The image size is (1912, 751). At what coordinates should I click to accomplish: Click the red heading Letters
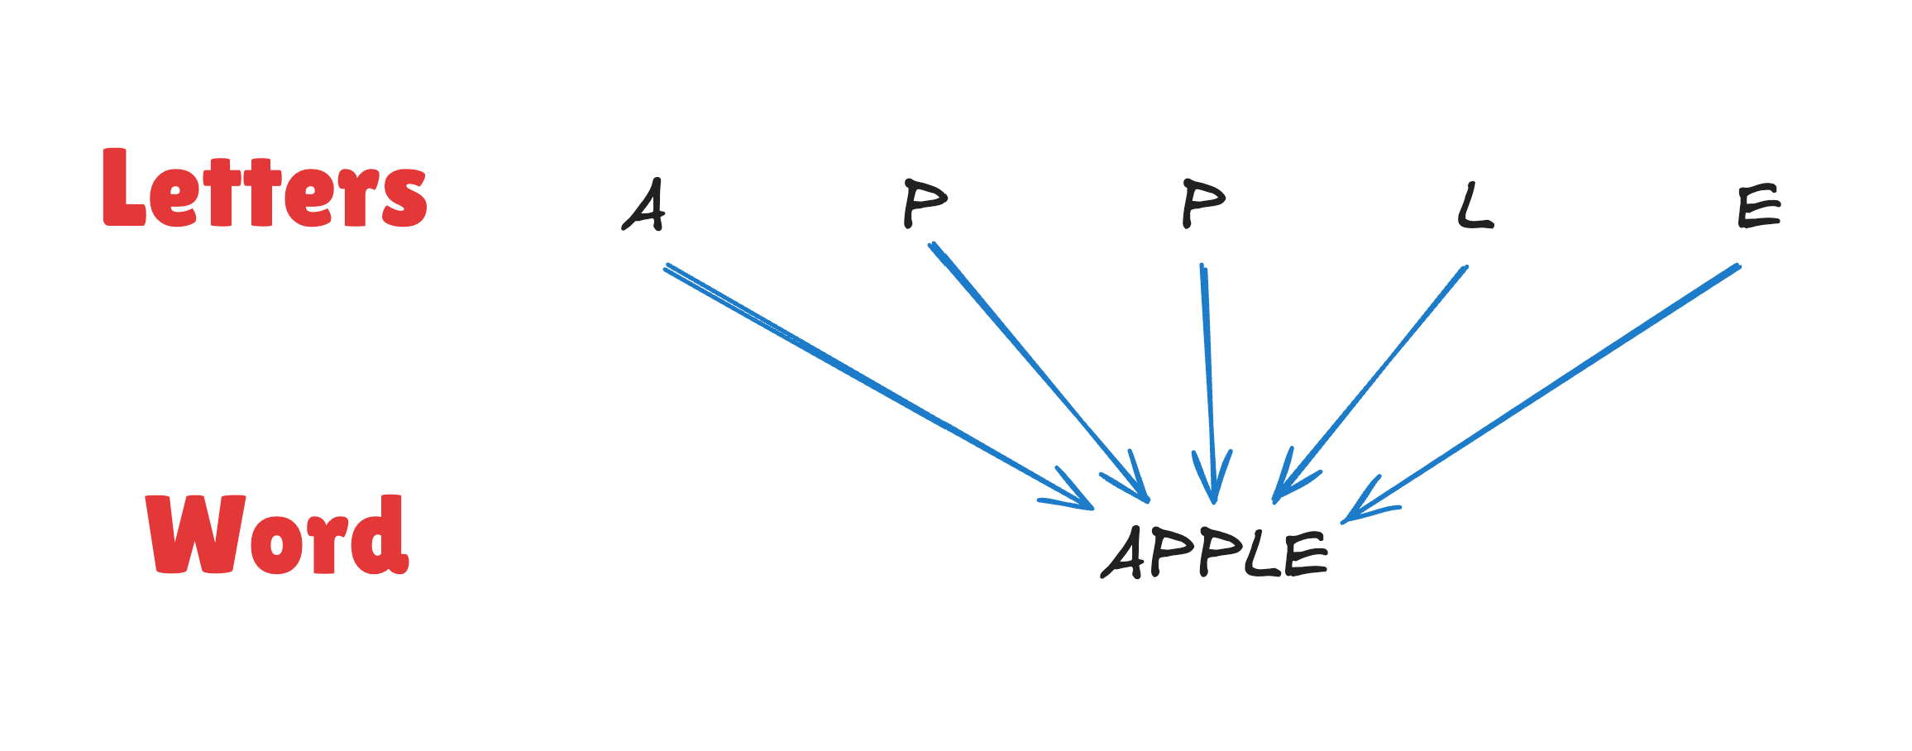click(265, 188)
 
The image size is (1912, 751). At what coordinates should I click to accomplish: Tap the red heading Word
click(277, 534)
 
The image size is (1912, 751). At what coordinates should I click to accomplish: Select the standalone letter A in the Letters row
click(644, 205)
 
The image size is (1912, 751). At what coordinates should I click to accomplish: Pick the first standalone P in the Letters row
click(925, 203)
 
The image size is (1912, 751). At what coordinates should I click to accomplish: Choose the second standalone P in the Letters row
click(1203, 203)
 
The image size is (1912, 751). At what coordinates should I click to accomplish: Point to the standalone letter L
click(1475, 206)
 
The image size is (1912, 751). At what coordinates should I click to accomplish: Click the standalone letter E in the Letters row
click(1759, 207)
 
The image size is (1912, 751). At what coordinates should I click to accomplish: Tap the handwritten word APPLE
click(1214, 552)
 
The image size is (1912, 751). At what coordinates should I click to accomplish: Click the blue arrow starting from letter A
click(879, 386)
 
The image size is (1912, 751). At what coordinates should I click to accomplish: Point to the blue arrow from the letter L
click(1369, 384)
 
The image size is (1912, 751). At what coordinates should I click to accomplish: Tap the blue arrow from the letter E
click(1541, 394)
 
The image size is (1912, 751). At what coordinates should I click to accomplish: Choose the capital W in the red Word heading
click(195, 533)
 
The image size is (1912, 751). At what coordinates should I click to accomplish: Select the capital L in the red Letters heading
click(124, 187)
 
